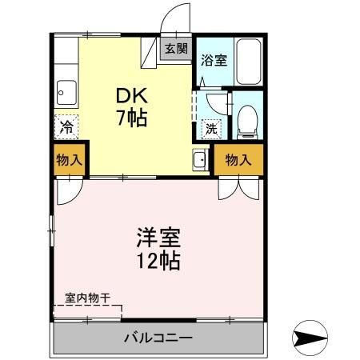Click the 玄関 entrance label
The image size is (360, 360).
pyautogui.click(x=176, y=49)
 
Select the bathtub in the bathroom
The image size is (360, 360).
pyautogui.click(x=250, y=61)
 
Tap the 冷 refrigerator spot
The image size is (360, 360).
pyautogui.click(x=67, y=126)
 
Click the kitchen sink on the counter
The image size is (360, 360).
pyautogui.click(x=66, y=93)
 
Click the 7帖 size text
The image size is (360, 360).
pyautogui.click(x=129, y=119)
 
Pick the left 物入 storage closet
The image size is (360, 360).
pyautogui.click(x=69, y=160)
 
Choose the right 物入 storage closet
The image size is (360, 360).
pyautogui.click(x=238, y=160)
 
